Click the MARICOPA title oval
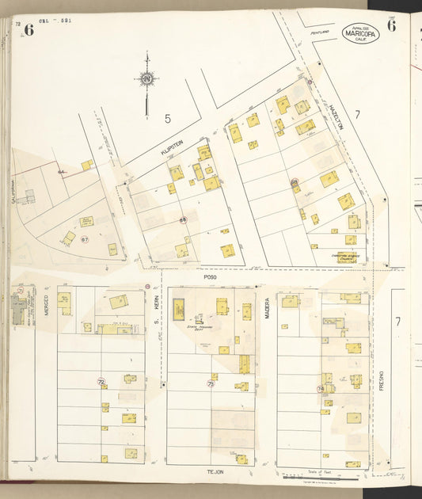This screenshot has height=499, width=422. coord(360,33)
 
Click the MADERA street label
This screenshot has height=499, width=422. coord(268,307)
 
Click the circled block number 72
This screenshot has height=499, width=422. coord(101,382)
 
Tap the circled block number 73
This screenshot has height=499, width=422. coord(211,383)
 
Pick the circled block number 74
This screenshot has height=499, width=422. coord(320,389)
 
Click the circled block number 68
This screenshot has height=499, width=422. coord(183,220)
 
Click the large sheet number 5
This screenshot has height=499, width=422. coord(167,119)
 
